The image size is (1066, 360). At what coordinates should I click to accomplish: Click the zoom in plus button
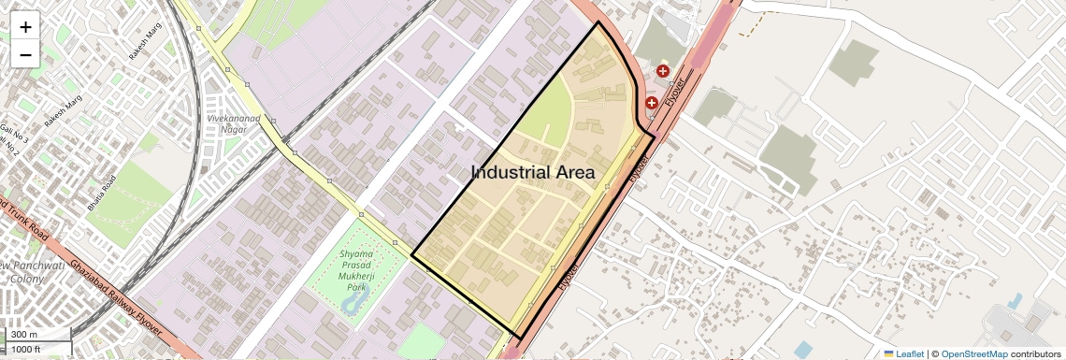click(25, 26)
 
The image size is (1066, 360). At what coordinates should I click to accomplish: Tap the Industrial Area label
click(532, 172)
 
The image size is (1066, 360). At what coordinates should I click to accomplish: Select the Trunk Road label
click(22, 216)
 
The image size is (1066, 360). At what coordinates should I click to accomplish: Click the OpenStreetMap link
click(973, 353)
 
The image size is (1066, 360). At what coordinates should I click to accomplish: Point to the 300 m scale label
click(24, 335)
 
